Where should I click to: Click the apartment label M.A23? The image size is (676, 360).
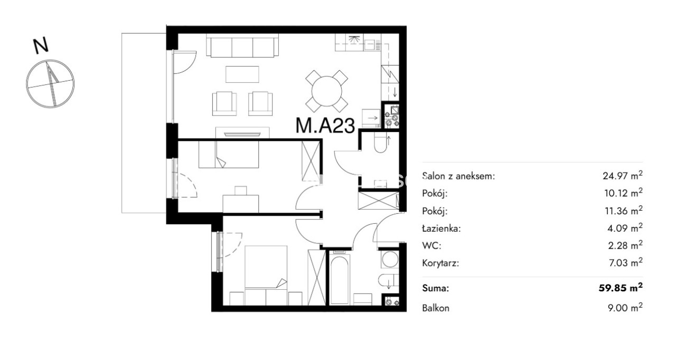pyautogui.click(x=325, y=126)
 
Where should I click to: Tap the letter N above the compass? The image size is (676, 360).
pyautogui.click(x=41, y=45)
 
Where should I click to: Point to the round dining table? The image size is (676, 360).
pyautogui.click(x=326, y=91)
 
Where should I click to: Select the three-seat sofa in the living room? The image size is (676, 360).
pyautogui.click(x=242, y=45)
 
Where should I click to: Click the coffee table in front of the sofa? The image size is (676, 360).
pyautogui.click(x=242, y=74)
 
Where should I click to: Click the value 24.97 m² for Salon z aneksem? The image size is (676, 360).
pyautogui.click(x=623, y=175)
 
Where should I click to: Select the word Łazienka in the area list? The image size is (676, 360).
pyautogui.click(x=441, y=228)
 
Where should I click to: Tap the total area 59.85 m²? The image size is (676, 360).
pyautogui.click(x=621, y=288)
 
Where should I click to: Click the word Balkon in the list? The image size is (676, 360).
pyautogui.click(x=436, y=308)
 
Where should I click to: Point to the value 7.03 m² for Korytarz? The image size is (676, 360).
pyautogui.click(x=626, y=263)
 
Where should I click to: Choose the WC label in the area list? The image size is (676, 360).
pyautogui.click(x=431, y=245)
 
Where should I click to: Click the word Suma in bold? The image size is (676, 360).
pyautogui.click(x=436, y=288)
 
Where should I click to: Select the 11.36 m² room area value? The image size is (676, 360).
pyautogui.click(x=624, y=211)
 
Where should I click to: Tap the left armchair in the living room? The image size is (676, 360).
pyautogui.click(x=224, y=103)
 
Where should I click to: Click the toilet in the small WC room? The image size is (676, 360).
pyautogui.click(x=381, y=144)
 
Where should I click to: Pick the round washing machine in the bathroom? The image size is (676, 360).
pyautogui.click(x=390, y=259)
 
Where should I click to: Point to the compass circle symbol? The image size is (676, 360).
pyautogui.click(x=50, y=83)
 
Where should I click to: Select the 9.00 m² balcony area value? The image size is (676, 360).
pyautogui.click(x=625, y=308)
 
